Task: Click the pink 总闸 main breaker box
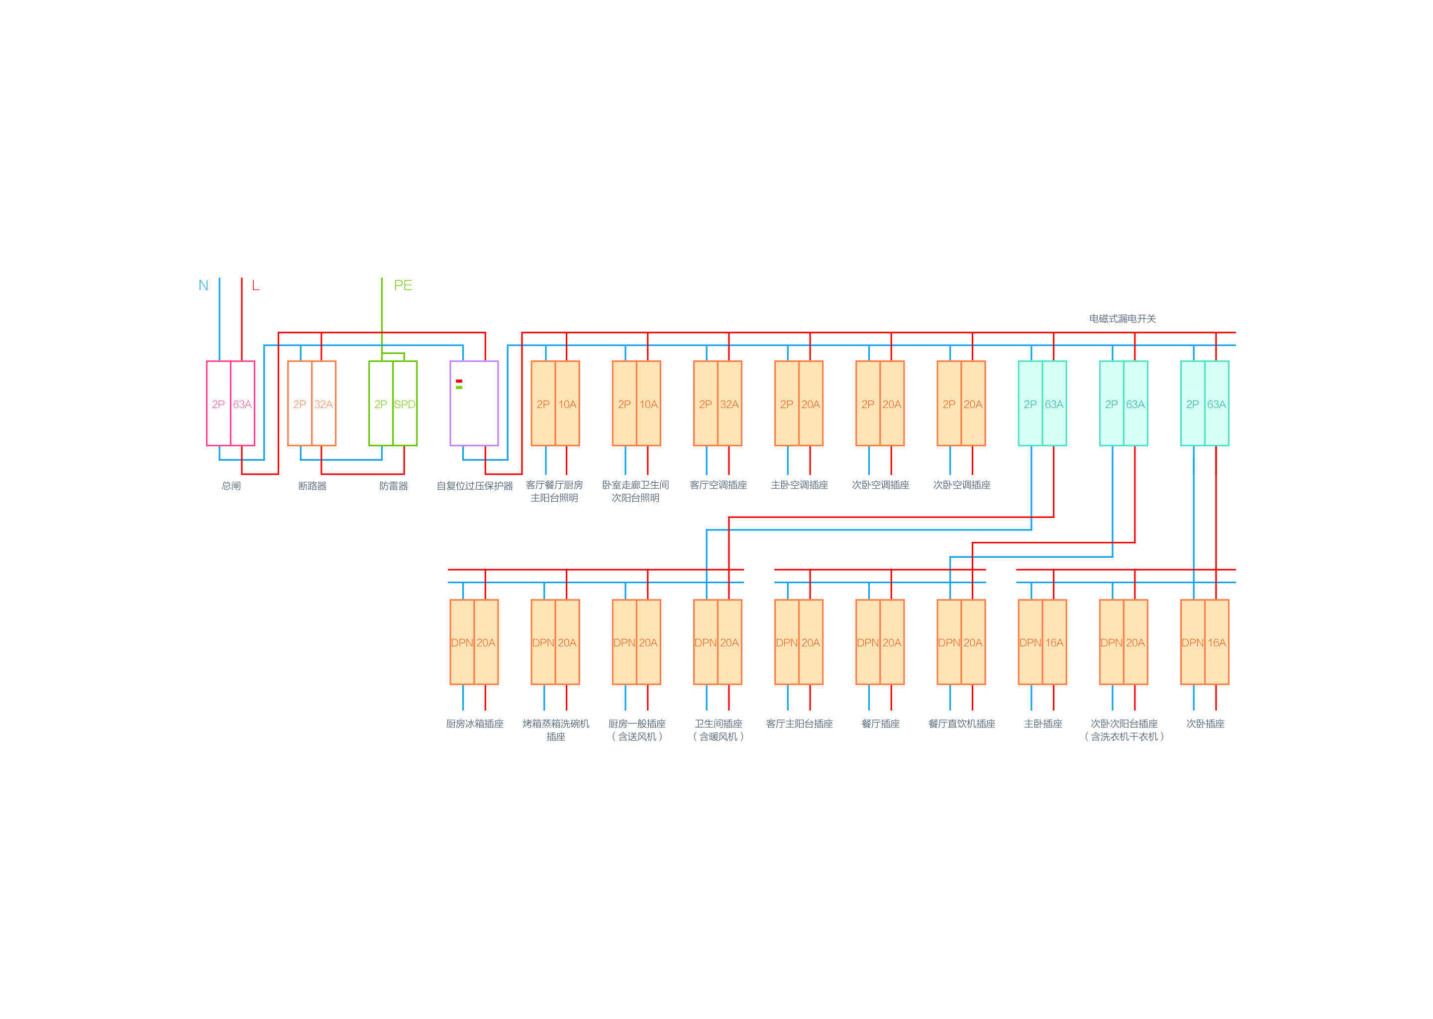(230, 403)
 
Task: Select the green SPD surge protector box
(393, 403)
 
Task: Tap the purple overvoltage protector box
(474, 403)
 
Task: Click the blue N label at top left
(204, 286)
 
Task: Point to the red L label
(255, 286)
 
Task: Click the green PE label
(403, 286)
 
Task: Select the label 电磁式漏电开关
(1122, 319)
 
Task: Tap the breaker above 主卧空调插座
(799, 403)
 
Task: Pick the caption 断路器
(312, 486)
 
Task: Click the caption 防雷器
(394, 486)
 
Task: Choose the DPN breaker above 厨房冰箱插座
(474, 641)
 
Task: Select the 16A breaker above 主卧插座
(1042, 641)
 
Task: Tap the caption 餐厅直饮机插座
(961, 723)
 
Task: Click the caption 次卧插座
(1205, 723)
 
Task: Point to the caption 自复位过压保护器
(474, 486)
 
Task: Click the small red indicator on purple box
(459, 381)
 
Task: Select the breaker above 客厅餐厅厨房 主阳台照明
(555, 403)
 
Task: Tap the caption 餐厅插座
(880, 723)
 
